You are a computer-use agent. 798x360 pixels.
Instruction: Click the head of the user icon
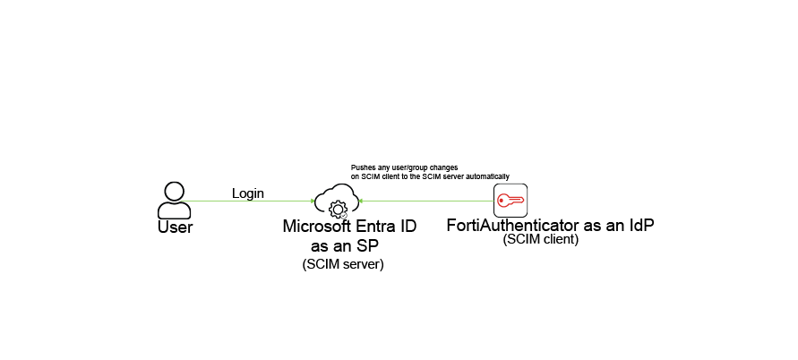coord(174,191)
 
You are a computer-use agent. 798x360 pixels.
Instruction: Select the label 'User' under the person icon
coord(175,227)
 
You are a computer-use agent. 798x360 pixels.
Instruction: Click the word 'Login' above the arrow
coord(248,193)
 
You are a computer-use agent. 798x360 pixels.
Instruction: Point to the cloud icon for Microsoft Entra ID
coord(336,201)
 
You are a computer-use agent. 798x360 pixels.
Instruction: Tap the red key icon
coord(511,201)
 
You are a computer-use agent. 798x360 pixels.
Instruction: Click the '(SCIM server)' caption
coord(343,264)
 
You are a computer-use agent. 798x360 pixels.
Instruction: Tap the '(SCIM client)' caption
coord(540,240)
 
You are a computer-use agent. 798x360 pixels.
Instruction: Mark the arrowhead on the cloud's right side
coord(361,201)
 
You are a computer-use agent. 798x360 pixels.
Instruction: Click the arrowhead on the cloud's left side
coord(311,201)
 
